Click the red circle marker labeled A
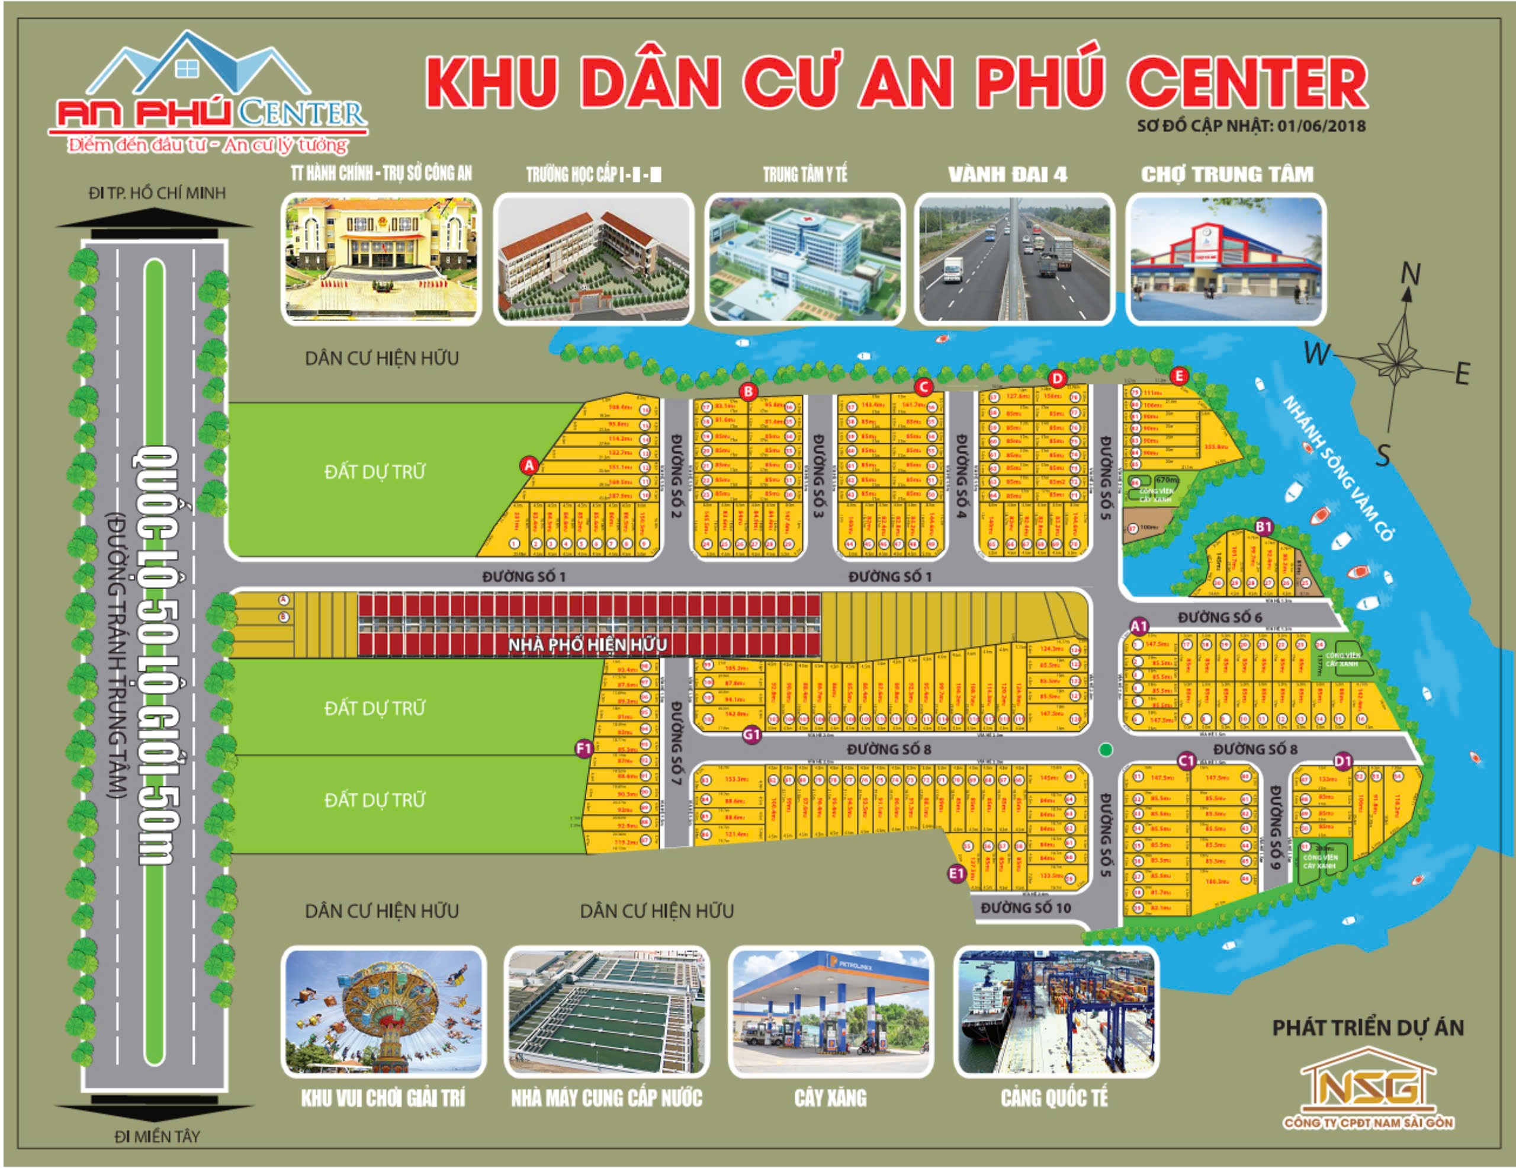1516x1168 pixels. pyautogui.click(x=529, y=465)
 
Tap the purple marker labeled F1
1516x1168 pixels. pyautogui.click(x=584, y=748)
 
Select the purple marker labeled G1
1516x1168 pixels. pyautogui.click(x=751, y=734)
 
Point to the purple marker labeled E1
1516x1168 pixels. pyautogui.click(x=957, y=873)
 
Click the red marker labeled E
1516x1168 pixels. pyautogui.click(x=1178, y=376)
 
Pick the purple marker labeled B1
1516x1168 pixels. pyautogui.click(x=1263, y=526)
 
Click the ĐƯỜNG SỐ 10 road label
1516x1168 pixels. pyautogui.click(x=1025, y=908)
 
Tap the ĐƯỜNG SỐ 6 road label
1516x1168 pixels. pyautogui.click(x=1219, y=617)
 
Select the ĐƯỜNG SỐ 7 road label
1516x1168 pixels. pyautogui.click(x=676, y=743)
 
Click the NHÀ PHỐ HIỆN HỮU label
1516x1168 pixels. pyautogui.click(x=587, y=645)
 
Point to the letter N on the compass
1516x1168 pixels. pyautogui.click(x=1410, y=275)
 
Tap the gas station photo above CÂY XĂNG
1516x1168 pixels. pyautogui.click(x=830, y=1011)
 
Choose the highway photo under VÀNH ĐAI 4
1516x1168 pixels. pyautogui.click(x=1014, y=259)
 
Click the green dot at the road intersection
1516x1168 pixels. pyautogui.click(x=1106, y=749)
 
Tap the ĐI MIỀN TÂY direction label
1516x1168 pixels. pyautogui.click(x=157, y=1136)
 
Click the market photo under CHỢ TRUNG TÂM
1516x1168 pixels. pyautogui.click(x=1226, y=259)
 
